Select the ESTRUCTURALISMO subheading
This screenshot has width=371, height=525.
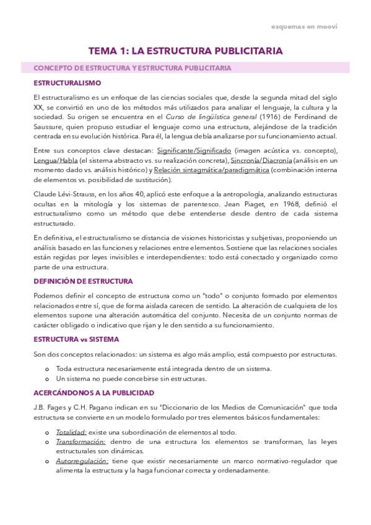pos(68,82)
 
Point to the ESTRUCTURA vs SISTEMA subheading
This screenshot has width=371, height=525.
pos(76,339)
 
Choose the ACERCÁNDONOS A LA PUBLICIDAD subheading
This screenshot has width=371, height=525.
pos(94,393)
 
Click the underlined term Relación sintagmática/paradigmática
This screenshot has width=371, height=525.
pos(211,170)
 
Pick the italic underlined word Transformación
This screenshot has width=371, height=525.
pos(81,441)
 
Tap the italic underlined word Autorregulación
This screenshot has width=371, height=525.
pos(82,461)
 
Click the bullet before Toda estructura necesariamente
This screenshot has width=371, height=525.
pos(48,368)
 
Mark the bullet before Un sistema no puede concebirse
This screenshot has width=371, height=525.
pos(48,378)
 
